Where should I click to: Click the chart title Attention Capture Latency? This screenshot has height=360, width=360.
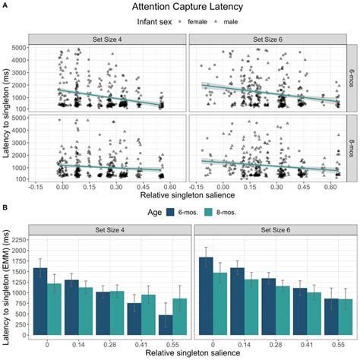(180, 6)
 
